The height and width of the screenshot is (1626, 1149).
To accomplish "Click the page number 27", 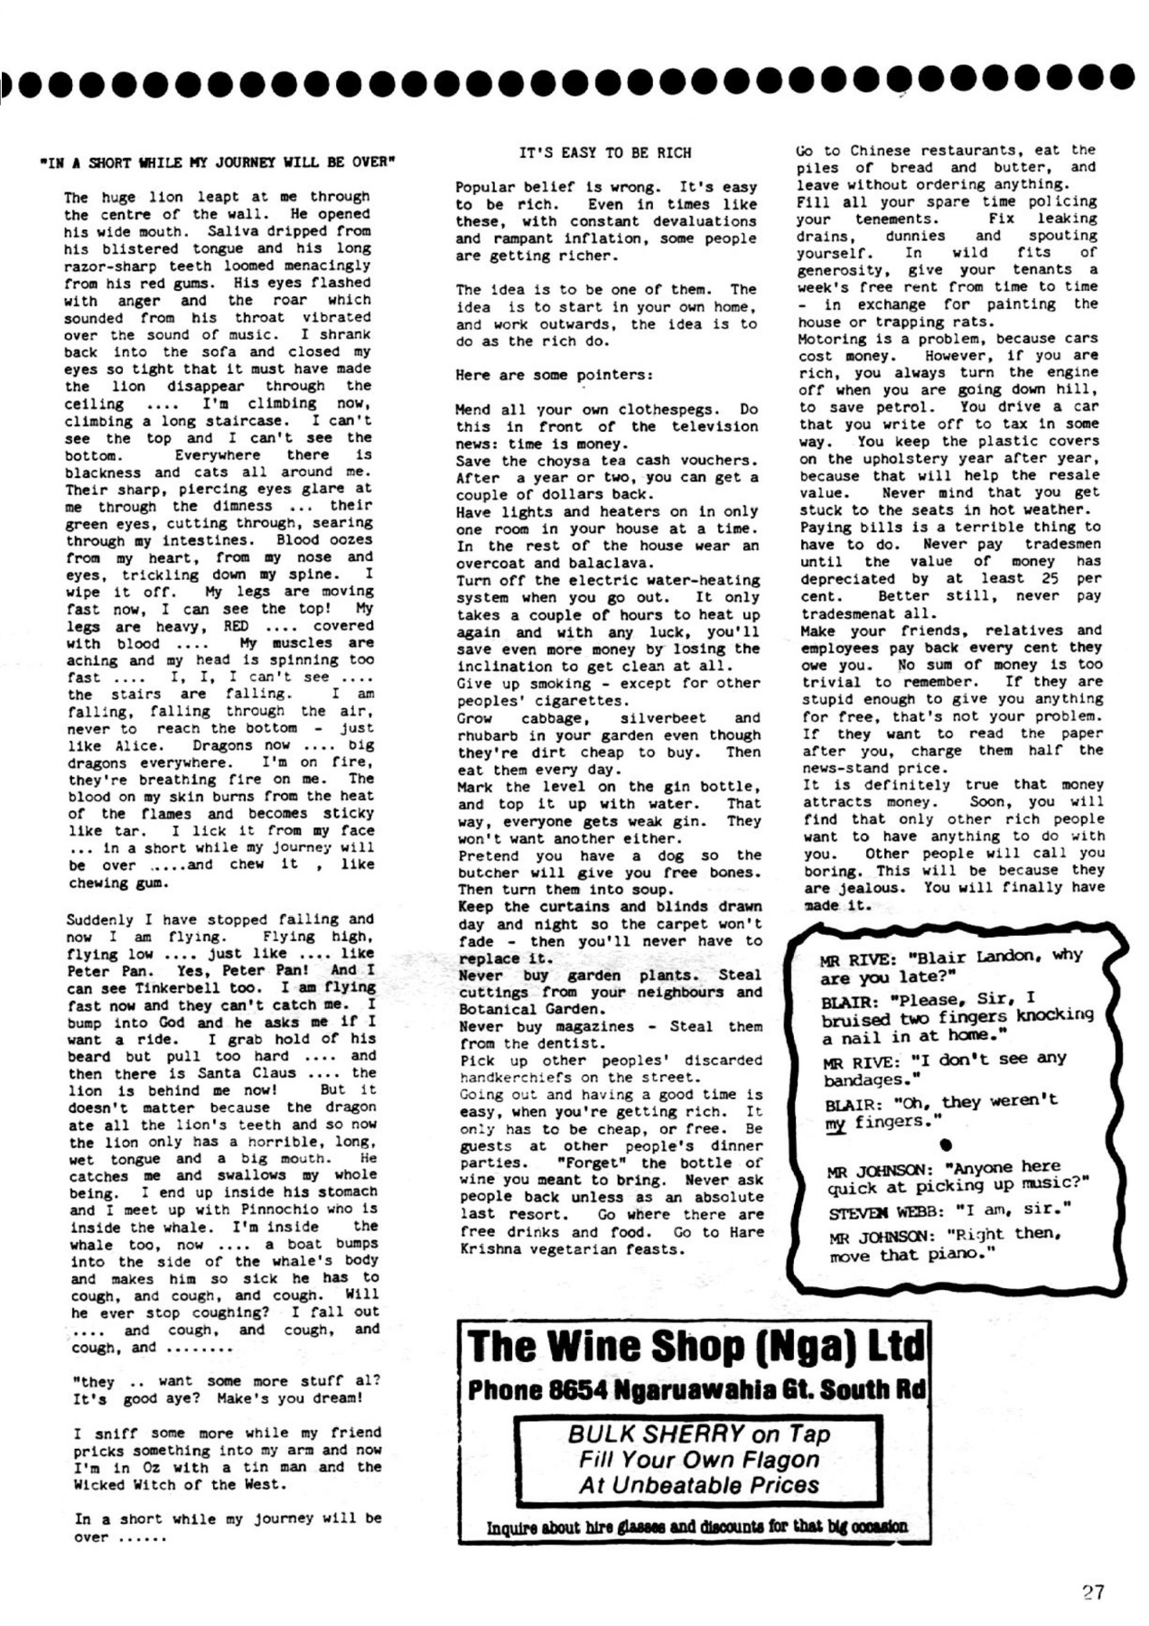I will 1093,1592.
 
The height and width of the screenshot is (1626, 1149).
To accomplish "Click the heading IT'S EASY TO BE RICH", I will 605,153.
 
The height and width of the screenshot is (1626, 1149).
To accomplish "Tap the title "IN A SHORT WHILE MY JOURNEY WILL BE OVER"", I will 219,163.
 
